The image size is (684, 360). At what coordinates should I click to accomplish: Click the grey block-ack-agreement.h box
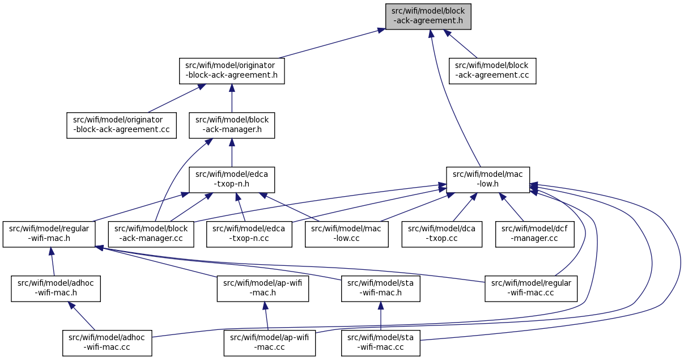[x=428, y=16]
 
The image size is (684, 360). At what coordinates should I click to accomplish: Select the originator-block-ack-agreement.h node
[x=232, y=71]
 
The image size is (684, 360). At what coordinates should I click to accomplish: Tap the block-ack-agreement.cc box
[x=492, y=71]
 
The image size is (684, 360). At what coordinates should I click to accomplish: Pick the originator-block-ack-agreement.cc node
[x=121, y=125]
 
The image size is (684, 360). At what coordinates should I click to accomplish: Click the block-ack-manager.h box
[x=232, y=125]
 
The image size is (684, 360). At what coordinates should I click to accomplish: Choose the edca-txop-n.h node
[x=232, y=180]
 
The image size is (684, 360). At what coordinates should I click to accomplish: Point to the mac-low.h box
[x=488, y=180]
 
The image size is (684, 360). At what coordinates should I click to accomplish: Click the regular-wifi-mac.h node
[x=49, y=234]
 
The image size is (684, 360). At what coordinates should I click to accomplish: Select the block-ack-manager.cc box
[x=151, y=234]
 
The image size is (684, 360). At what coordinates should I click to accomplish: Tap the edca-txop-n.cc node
[x=249, y=234]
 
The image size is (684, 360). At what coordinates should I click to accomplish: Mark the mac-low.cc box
[x=347, y=234]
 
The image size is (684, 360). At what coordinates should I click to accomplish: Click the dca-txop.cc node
[x=442, y=234]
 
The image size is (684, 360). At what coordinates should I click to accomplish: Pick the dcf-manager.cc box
[x=535, y=234]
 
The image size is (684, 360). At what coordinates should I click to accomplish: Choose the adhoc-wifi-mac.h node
[x=56, y=289]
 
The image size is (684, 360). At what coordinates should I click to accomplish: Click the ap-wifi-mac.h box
[x=262, y=289]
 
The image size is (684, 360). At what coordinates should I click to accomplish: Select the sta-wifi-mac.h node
[x=380, y=289]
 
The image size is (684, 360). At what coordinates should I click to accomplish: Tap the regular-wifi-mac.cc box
[x=531, y=289]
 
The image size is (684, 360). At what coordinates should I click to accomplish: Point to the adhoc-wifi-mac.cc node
[x=107, y=343]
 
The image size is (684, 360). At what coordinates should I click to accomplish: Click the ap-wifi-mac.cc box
[x=269, y=343]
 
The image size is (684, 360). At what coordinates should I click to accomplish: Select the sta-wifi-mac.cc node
[x=380, y=343]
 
